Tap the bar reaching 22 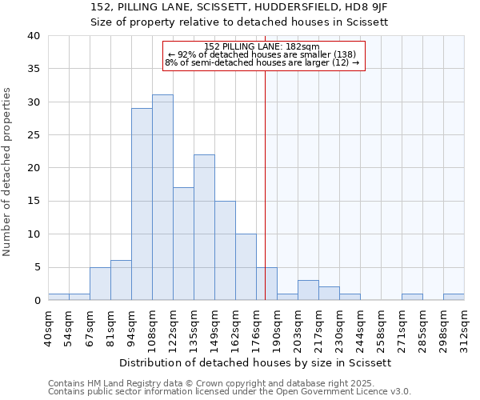(x=204, y=227)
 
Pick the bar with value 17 (x=183, y=244)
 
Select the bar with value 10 (x=246, y=267)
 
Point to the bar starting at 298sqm (x=454, y=297)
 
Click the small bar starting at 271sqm (x=412, y=297)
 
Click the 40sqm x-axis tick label (x=49, y=328)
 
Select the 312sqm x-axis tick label (x=465, y=328)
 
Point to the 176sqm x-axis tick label (x=257, y=328)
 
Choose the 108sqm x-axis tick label (x=153, y=328)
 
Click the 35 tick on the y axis (x=33, y=69)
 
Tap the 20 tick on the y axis (x=33, y=168)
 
